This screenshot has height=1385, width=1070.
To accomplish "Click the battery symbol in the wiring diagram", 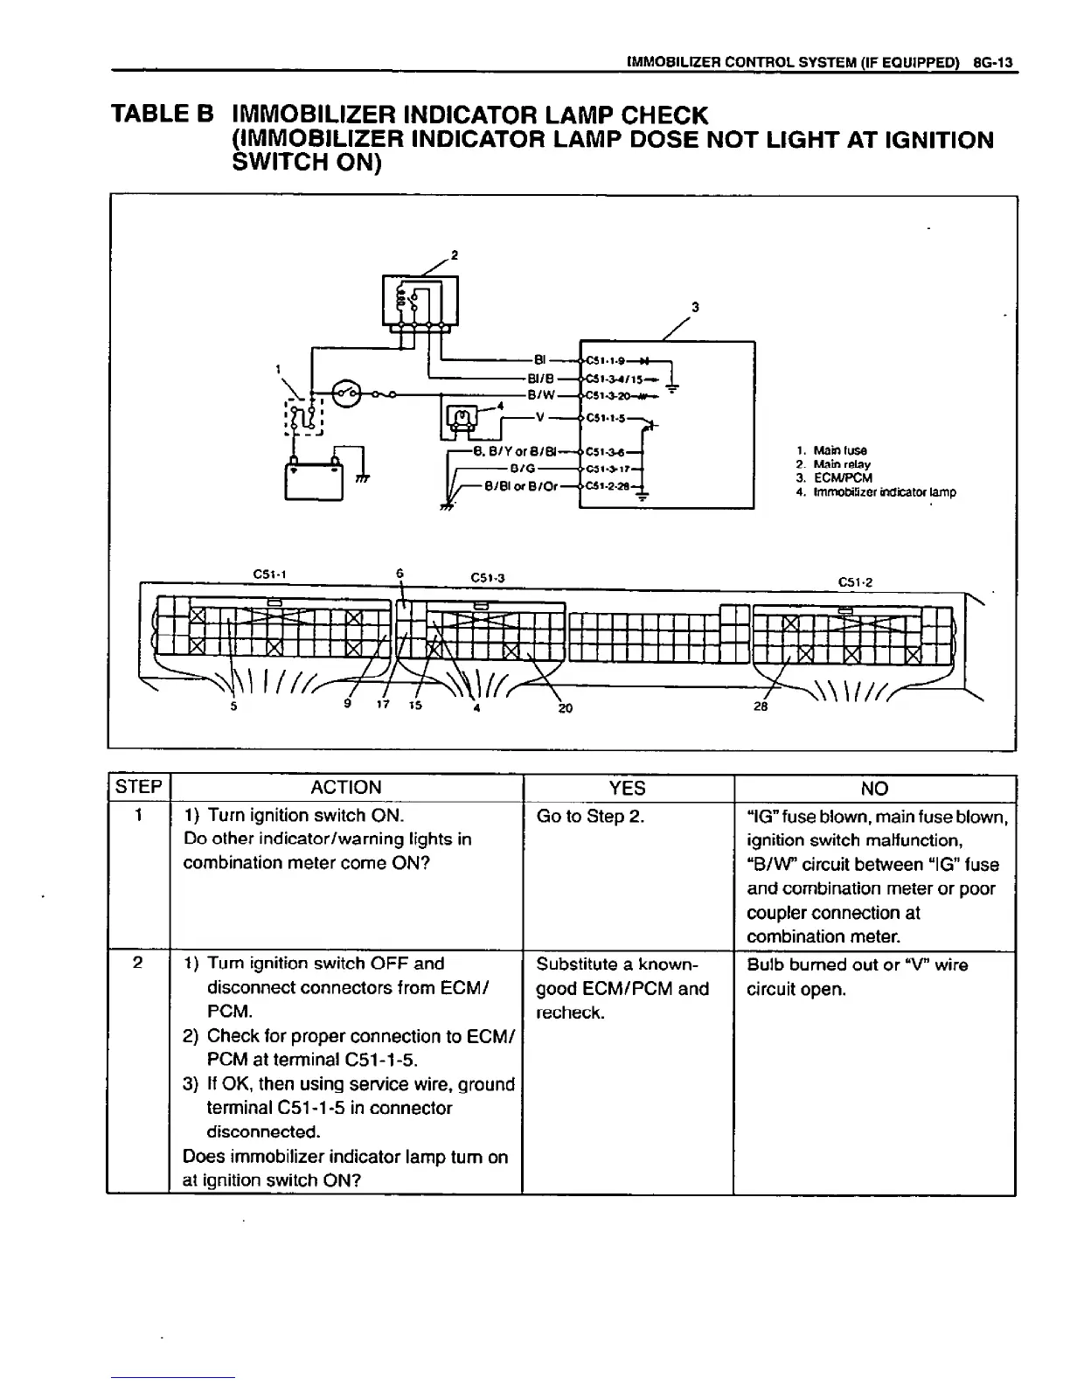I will point(313,479).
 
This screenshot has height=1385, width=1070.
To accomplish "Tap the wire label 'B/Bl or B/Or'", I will point(521,486).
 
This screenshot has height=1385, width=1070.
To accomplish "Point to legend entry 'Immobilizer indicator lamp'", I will point(875,492).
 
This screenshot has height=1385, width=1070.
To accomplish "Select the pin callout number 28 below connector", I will point(761,706).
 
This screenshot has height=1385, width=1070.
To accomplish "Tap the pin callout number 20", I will point(565,707).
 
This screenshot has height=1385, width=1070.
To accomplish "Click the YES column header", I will point(627,789).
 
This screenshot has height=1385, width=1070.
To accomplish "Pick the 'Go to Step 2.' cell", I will point(590,817).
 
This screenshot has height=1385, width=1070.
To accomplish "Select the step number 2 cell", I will point(137,964).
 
